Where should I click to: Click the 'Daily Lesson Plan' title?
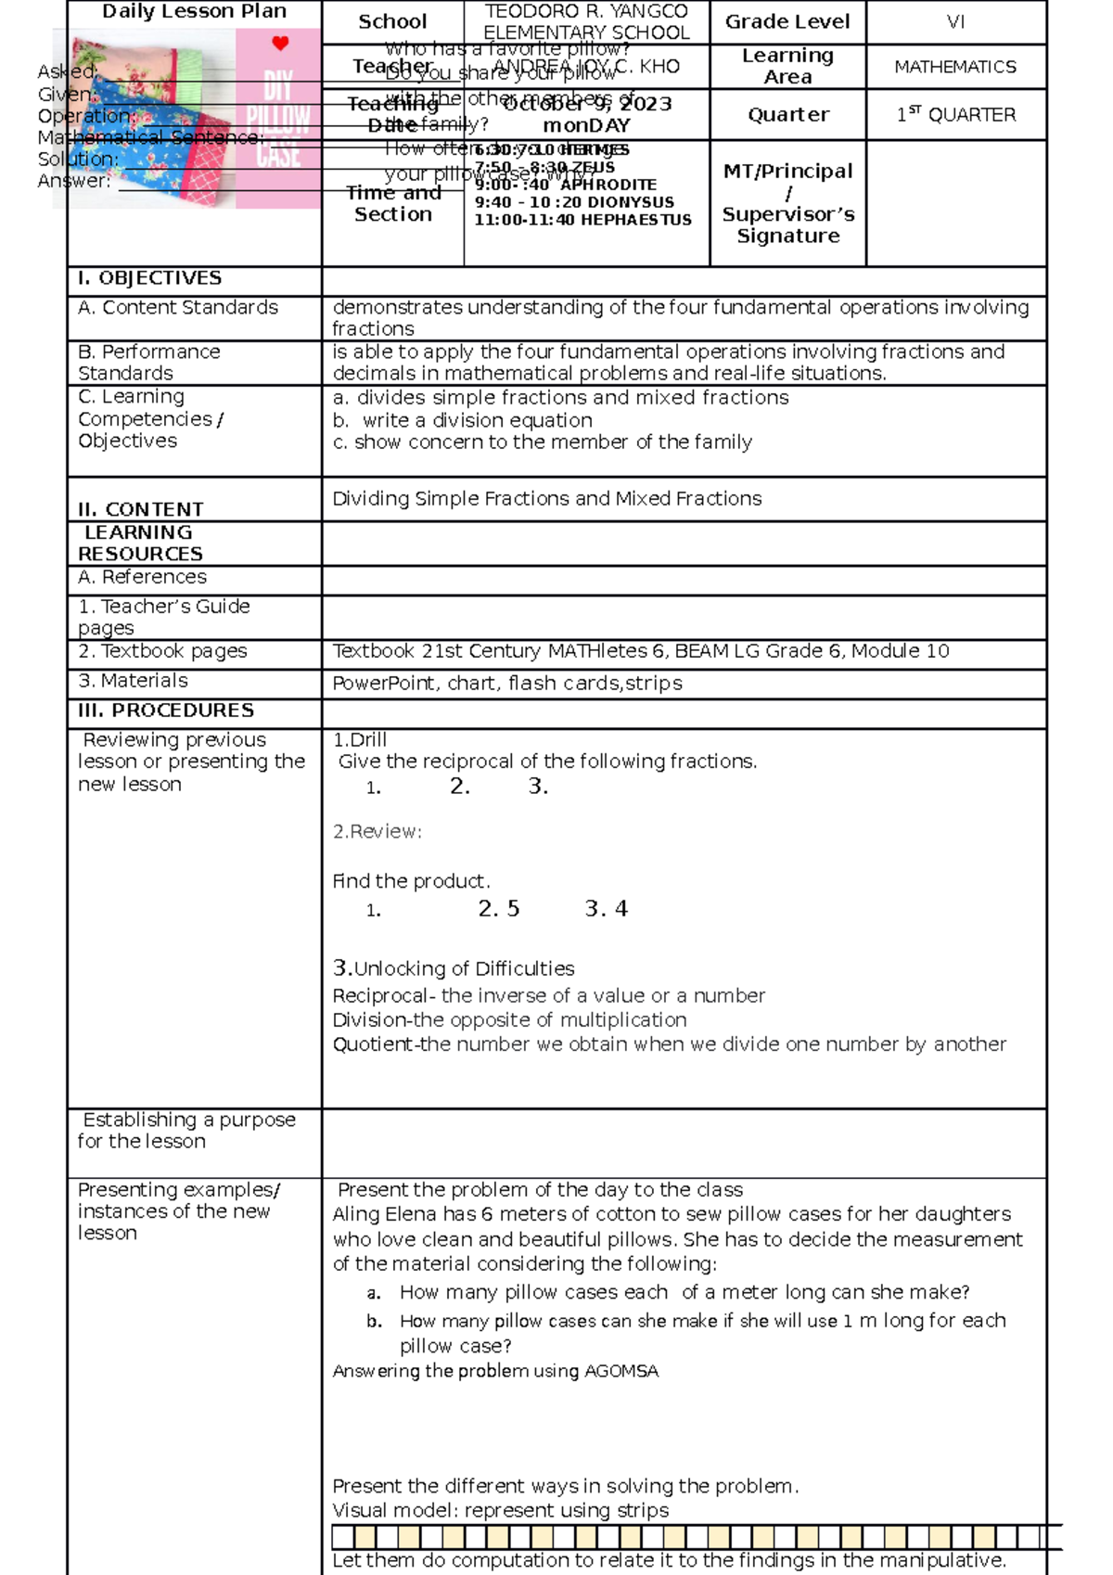coord(194,12)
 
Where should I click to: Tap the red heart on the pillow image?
coord(280,43)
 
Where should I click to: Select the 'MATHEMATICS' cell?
coord(954,67)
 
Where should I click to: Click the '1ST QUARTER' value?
coord(955,115)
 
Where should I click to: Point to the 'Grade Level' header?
coord(787,21)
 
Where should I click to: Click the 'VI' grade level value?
coord(955,21)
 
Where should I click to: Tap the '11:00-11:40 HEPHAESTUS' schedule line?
coord(582,220)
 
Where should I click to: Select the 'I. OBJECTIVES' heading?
coord(149,278)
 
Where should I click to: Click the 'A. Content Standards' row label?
coord(178,307)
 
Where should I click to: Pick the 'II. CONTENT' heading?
coord(140,509)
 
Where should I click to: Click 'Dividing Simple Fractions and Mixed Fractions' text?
coord(547,499)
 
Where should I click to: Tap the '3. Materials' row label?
coord(133,681)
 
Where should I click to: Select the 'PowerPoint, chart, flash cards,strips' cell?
coord(507,684)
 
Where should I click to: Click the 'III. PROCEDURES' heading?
coord(165,711)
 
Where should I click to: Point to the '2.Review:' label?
coord(377,832)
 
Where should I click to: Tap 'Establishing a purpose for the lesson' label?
coord(185,1131)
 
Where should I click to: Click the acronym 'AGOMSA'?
coord(620,1371)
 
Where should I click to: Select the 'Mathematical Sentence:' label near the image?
coord(151,137)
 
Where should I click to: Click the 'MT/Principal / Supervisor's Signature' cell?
coord(787,203)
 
